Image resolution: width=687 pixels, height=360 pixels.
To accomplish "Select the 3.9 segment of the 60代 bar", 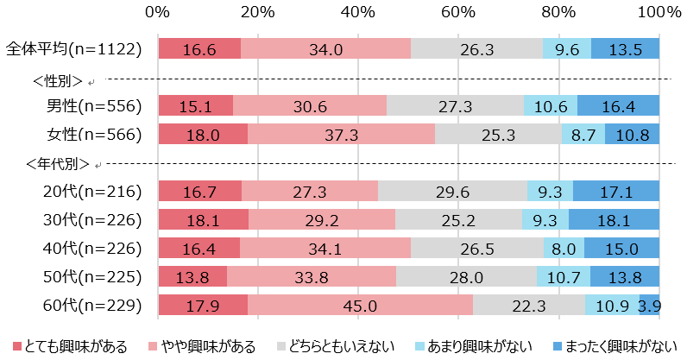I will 650,306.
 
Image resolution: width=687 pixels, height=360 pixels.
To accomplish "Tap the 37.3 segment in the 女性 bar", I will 342,134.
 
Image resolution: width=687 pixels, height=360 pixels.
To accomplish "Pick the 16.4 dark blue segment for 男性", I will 618,105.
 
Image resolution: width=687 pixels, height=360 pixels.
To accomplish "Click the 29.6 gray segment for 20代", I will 452,191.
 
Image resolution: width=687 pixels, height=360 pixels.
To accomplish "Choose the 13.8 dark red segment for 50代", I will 192,276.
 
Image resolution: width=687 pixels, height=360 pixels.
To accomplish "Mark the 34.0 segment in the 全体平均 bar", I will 325,49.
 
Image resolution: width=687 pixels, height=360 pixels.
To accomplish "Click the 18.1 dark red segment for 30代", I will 203,219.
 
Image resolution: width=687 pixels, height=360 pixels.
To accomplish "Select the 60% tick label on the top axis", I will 458,12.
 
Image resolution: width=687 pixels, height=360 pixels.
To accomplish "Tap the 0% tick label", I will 158,12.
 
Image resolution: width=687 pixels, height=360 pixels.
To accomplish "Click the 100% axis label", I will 659,12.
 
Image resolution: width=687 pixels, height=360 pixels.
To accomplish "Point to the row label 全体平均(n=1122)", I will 73,49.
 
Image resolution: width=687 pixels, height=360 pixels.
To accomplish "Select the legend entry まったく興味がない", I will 618,347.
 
